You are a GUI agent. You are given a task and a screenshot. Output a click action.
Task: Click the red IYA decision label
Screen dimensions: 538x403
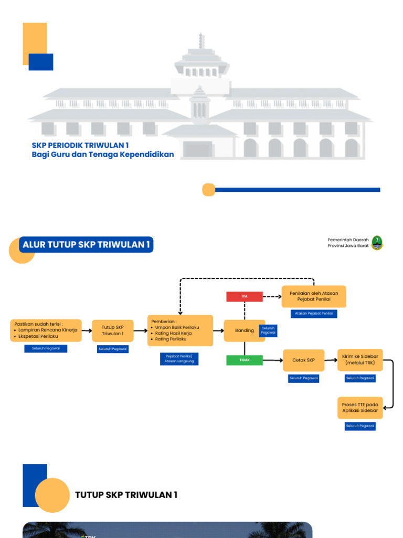245,296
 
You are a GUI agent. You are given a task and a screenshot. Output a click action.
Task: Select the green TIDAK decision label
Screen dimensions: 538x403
245,360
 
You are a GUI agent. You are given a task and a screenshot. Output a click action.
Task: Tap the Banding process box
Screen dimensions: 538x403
245,330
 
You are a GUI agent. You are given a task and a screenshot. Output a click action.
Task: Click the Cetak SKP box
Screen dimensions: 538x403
304,360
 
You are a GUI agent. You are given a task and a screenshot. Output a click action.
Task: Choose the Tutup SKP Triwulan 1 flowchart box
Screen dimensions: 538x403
113,330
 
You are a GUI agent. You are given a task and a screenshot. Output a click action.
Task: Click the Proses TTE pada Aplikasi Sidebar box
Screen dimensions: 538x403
359,408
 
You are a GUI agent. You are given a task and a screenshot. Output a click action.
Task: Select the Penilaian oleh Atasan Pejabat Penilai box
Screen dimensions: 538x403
314,296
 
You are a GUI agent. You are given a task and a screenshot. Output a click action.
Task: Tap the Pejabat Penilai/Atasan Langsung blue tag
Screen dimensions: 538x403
179,359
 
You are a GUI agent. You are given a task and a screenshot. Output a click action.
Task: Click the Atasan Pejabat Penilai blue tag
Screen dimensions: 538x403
314,314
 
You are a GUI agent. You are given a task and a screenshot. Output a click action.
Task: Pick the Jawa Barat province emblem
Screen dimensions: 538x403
377,242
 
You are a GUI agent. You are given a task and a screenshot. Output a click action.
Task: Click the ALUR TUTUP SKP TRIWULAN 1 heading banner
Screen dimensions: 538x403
87,244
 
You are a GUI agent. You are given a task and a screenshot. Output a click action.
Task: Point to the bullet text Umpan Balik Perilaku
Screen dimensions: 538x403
177,327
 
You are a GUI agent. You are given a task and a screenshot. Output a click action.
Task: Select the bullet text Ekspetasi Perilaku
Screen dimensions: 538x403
38,336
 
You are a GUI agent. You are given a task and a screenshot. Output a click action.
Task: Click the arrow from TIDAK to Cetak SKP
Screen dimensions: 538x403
272,360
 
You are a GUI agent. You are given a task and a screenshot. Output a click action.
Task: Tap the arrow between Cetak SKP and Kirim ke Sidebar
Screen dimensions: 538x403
331,360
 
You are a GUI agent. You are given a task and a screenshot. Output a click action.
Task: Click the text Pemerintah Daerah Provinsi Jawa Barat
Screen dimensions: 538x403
348,242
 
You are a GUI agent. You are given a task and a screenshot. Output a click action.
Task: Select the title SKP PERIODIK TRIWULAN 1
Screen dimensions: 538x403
80,145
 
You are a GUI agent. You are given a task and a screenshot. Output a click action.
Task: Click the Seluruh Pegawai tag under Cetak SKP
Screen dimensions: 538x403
304,378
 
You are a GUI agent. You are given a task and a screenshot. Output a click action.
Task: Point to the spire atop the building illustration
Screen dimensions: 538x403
201,41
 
